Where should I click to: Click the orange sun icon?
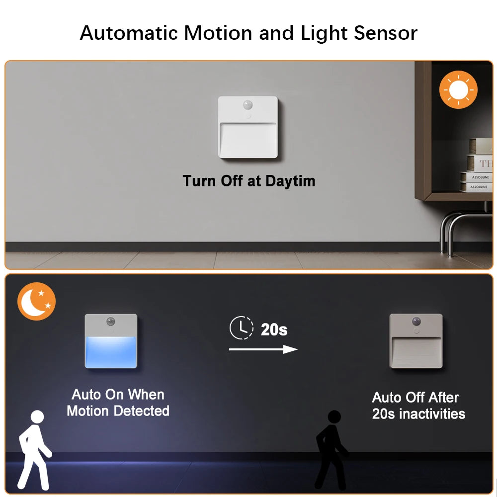pos(458,89)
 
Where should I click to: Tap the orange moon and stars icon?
pos(36,301)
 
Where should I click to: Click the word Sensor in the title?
pos(386,33)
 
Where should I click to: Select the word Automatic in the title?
pos(128,33)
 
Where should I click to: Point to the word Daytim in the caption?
pos(290,180)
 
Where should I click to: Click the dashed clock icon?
pos(241,328)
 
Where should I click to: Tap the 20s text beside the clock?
pos(274,329)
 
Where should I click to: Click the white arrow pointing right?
pos(263,349)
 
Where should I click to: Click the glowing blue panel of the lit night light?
pos(111,351)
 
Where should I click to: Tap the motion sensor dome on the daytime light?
pos(248,106)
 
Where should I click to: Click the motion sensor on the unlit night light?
pos(415,322)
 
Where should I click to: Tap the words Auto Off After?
pos(415,398)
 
